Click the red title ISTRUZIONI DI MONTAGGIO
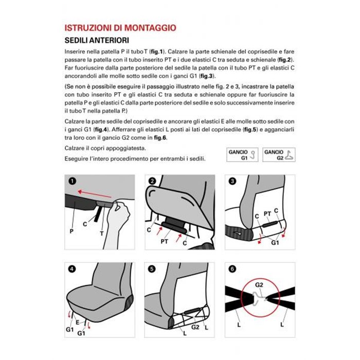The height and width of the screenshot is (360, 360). coord(120,28)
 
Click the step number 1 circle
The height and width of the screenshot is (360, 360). coord(71,181)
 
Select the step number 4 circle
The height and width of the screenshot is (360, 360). coord(71,268)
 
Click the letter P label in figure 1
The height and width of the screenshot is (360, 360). coord(71,232)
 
